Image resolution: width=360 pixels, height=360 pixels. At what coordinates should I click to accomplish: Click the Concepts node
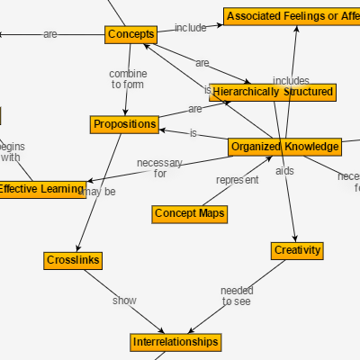(130, 34)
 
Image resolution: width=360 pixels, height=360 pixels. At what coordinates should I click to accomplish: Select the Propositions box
(124, 124)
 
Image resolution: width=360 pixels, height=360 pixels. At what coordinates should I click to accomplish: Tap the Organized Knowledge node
(284, 147)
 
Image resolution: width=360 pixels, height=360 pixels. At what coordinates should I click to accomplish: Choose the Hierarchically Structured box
(273, 92)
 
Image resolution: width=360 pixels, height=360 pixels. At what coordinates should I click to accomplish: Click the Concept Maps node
(189, 213)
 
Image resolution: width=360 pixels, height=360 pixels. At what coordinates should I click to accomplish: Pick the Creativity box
(297, 250)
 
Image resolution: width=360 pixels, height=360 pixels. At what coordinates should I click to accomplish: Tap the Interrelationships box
(175, 343)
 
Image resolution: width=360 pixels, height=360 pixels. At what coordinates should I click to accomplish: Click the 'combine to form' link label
(128, 79)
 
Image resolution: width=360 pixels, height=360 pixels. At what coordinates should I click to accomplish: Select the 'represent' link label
(237, 180)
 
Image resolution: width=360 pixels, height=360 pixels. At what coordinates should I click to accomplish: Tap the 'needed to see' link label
(237, 296)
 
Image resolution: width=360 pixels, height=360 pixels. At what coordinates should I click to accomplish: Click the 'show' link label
(124, 301)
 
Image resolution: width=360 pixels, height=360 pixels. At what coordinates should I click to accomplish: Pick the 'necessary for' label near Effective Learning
(159, 168)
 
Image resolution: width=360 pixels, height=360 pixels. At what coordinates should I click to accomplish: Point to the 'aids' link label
(284, 171)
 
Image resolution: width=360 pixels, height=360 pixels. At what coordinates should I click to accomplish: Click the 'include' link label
(190, 28)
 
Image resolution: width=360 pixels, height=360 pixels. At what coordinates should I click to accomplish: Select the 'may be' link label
(99, 192)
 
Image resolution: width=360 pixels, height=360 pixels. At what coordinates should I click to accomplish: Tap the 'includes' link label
(291, 81)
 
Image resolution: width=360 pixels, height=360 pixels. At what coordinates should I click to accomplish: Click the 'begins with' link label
(11, 151)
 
